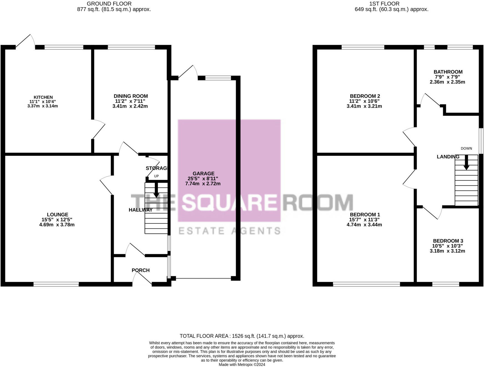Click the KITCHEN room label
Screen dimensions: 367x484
pyautogui.click(x=43, y=97)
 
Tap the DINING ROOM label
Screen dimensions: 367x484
pyautogui.click(x=130, y=96)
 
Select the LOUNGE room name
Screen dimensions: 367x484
pyautogui.click(x=57, y=215)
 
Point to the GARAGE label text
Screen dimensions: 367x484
pyautogui.click(x=203, y=174)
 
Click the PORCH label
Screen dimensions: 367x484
pyautogui.click(x=140, y=270)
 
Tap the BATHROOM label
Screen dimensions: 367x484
pyautogui.click(x=448, y=72)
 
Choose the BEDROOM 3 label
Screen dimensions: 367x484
pyautogui.click(x=448, y=241)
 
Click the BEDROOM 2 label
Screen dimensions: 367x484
pyautogui.click(x=365, y=96)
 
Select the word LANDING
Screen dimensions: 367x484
pyautogui.click(x=448, y=157)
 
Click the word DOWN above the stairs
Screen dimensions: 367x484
pyautogui.click(x=466, y=149)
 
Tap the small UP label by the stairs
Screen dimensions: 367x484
pyautogui.click(x=156, y=176)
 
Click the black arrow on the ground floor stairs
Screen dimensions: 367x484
pyautogui.click(x=156, y=190)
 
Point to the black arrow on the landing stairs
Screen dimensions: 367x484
pyautogui.click(x=466, y=162)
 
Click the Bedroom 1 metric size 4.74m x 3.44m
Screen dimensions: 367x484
pyautogui.click(x=364, y=225)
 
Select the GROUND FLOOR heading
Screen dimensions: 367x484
pyautogui.click(x=109, y=4)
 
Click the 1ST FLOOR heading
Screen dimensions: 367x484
pyautogui.click(x=384, y=4)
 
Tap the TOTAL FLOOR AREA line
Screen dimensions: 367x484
pyautogui.click(x=242, y=336)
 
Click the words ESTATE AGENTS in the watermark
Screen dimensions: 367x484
pyautogui.click(x=229, y=231)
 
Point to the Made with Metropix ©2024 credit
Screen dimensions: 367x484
pyautogui.click(x=242, y=365)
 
